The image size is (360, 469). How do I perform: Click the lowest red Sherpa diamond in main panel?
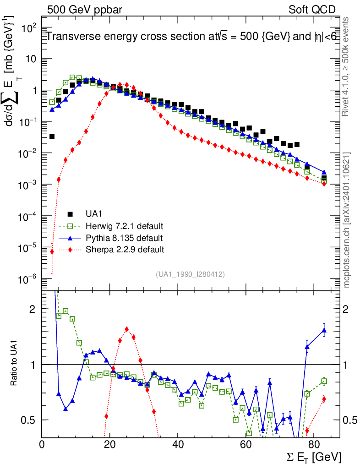52,251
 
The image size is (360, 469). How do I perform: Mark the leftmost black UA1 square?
52,136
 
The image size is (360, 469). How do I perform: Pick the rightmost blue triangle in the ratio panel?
324,330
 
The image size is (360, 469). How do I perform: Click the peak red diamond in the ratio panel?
127,329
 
